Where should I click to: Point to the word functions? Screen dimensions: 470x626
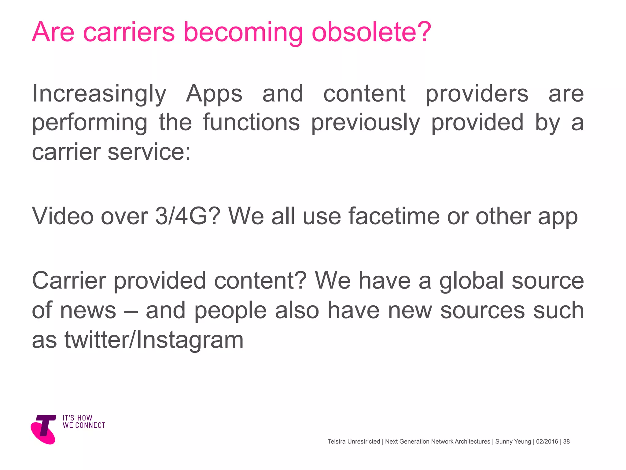(251, 122)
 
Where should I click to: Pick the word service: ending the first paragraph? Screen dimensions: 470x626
(149, 152)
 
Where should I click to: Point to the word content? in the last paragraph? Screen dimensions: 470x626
(260, 281)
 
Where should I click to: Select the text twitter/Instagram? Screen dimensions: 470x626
(154, 340)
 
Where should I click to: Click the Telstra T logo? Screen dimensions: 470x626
(44, 429)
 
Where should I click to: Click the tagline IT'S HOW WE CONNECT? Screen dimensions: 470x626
(84, 422)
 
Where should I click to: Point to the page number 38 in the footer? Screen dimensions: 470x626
(566, 442)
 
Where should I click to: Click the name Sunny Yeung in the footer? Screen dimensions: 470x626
(513, 442)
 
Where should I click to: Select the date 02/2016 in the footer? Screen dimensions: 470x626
(547, 442)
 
